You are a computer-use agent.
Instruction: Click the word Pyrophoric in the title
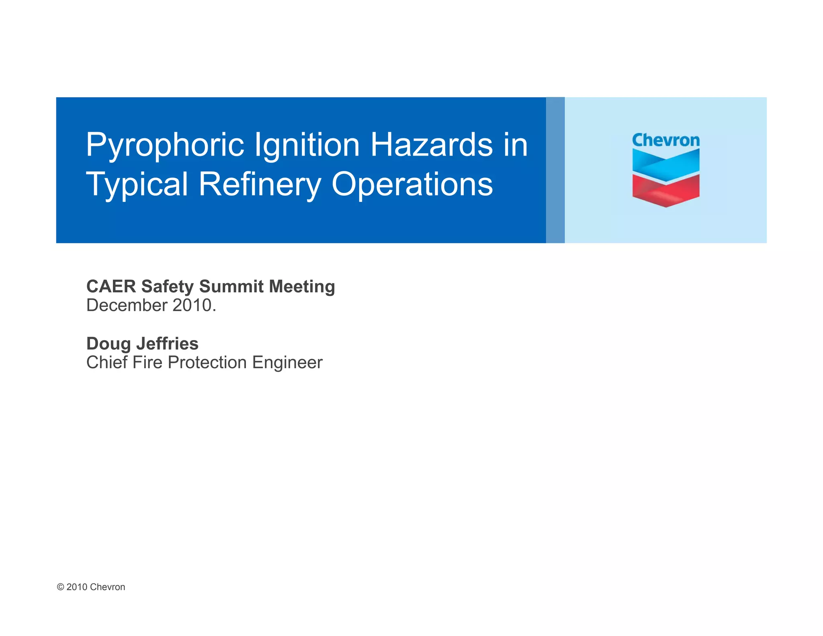(x=165, y=145)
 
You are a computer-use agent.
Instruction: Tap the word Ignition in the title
(x=307, y=145)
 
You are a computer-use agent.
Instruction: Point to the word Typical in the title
(x=137, y=185)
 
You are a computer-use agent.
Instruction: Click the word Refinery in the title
(x=260, y=185)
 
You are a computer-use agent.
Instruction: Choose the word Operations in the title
(x=412, y=185)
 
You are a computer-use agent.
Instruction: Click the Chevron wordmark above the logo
(x=665, y=140)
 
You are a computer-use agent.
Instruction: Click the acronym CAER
(x=111, y=287)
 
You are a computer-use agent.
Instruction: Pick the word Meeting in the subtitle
(x=302, y=287)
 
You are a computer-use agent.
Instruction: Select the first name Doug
(x=109, y=344)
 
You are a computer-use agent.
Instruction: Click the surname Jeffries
(x=167, y=344)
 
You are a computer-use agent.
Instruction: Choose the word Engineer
(x=287, y=363)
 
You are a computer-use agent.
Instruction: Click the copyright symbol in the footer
(x=61, y=587)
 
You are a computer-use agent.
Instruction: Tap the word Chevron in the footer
(x=107, y=587)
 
